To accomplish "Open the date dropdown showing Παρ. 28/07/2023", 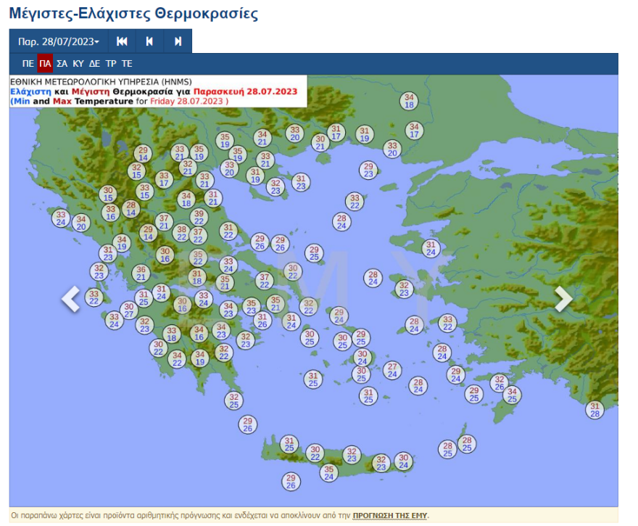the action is coord(58,41).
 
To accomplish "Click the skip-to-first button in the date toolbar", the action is coord(122,41).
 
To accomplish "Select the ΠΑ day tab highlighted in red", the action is coord(45,64).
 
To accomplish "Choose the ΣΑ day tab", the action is coord(62,64).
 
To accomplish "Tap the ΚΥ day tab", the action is coord(78,64).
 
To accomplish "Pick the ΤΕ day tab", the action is coord(127,64).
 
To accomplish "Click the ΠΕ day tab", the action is coord(28,64).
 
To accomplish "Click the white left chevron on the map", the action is coord(70,299).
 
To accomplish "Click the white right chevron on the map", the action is coord(563,299).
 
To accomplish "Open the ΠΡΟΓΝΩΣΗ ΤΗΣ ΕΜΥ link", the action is coord(390,515).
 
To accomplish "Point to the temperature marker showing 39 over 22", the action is coord(199,217).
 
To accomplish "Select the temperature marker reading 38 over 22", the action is coord(181,233).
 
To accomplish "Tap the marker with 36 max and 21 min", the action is coord(141,273).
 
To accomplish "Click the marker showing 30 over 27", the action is coord(129,311).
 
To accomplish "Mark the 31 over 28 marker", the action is coord(594,410).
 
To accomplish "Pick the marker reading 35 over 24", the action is coord(328,472).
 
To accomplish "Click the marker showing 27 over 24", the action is coord(392,370).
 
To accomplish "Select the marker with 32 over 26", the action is coord(499,383).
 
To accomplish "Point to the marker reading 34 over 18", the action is coord(409,101).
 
